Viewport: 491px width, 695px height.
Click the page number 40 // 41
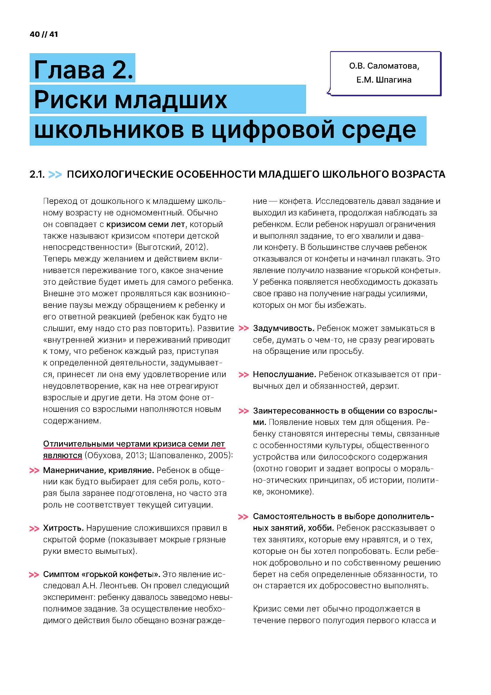[44, 34]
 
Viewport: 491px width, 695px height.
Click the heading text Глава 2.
[83, 69]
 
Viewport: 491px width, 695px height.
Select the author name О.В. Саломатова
[384, 66]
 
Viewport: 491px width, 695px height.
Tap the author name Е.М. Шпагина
[384, 80]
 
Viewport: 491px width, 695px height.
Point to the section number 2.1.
[37, 175]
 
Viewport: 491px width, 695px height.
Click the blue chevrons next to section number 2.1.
[55, 175]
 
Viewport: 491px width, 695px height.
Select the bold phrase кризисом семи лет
[145, 224]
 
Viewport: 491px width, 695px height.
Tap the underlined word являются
[63, 455]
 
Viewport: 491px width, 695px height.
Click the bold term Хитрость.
[63, 528]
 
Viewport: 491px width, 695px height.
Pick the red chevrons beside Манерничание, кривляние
[34, 471]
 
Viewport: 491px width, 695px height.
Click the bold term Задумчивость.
[283, 328]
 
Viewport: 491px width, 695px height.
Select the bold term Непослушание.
[284, 374]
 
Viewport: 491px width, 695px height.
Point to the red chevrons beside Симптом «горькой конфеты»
[34, 575]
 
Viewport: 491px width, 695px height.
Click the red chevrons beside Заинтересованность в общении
[243, 411]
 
